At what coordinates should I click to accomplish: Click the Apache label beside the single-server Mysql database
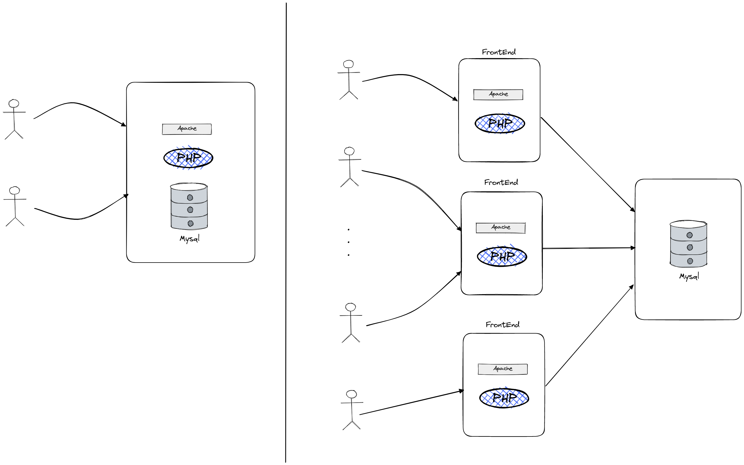tap(187, 129)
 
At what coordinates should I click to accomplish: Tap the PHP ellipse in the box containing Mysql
tap(188, 158)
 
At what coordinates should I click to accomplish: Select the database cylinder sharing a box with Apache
tap(189, 206)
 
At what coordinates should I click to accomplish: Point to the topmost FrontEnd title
tap(498, 52)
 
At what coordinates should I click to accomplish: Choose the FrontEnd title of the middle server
tap(501, 182)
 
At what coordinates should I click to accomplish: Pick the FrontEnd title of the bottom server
tap(503, 325)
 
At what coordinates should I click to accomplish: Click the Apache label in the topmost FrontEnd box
tap(498, 95)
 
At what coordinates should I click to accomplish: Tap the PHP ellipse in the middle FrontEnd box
tap(502, 256)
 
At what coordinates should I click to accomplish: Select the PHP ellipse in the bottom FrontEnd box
tap(504, 398)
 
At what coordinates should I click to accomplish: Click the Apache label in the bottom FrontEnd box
tap(503, 369)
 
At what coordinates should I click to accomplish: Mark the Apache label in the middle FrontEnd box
tap(501, 228)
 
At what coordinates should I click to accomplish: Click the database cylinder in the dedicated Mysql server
tap(688, 244)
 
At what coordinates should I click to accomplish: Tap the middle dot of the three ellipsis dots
tap(349, 242)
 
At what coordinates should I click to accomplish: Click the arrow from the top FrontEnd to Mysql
tap(587, 164)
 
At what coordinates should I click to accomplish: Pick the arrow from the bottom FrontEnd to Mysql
tap(589, 336)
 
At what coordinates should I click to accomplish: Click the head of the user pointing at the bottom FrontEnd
tap(351, 394)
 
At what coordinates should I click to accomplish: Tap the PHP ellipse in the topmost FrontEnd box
tap(500, 124)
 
